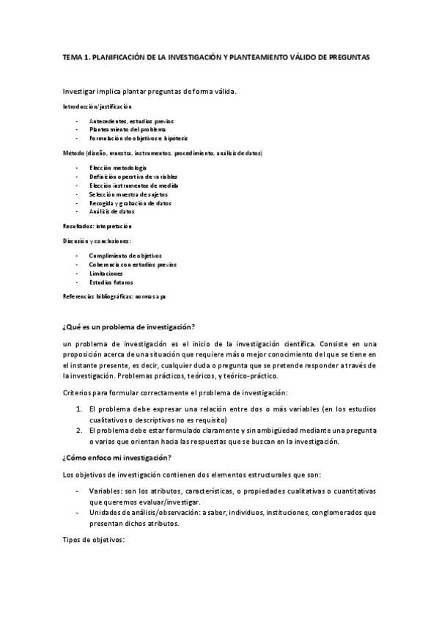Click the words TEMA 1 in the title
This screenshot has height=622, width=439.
pyautogui.click(x=74, y=56)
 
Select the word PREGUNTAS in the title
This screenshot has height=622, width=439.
pyautogui.click(x=352, y=56)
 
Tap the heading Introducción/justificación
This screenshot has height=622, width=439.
pyautogui.click(x=97, y=107)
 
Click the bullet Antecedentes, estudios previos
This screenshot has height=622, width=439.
pyautogui.click(x=131, y=120)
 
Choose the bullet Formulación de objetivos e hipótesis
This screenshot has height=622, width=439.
pyautogui.click(x=138, y=138)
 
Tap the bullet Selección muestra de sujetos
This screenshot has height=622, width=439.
pyautogui.click(x=128, y=194)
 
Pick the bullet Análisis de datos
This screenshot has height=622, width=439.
pyautogui.click(x=111, y=211)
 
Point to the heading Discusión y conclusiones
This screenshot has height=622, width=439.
pyautogui.click(x=97, y=240)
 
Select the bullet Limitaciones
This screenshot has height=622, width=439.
pyautogui.click(x=106, y=273)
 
